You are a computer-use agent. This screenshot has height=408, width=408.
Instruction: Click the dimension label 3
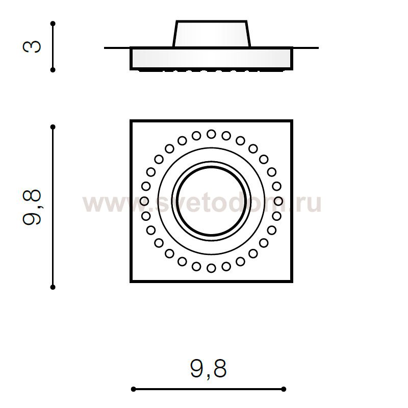pos(32,47)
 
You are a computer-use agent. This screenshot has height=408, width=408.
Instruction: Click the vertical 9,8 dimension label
pos(32,207)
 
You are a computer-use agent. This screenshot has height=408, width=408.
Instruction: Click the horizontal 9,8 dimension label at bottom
pos(209,368)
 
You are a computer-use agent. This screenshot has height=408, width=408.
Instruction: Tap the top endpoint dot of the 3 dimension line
pos(53,23)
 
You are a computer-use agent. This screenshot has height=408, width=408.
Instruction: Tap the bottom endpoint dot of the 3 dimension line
pos(53,70)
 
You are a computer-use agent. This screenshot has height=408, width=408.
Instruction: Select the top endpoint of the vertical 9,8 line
pos(53,127)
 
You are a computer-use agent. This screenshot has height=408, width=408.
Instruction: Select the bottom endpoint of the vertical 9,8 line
pos(53,287)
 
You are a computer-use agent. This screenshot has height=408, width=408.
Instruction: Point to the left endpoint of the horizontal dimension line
pos(134,389)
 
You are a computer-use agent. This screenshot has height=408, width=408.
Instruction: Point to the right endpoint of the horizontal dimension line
pos(284,389)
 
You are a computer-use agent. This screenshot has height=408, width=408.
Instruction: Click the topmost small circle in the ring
pos(211,134)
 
